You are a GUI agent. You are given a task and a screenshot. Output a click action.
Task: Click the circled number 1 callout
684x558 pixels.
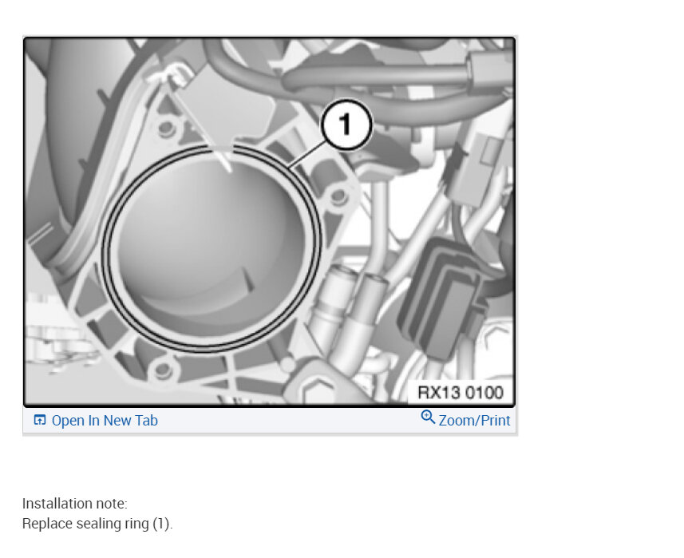click(x=346, y=125)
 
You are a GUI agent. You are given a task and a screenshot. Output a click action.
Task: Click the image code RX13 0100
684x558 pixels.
click(x=461, y=392)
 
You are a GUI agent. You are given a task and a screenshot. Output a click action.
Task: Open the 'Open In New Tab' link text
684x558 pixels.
click(x=105, y=421)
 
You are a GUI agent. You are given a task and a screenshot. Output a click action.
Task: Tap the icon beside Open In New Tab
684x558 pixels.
click(x=40, y=420)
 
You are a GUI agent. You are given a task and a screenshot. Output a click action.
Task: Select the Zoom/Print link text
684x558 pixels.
click(x=474, y=421)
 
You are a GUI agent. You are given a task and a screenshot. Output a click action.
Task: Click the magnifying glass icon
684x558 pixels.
click(x=428, y=417)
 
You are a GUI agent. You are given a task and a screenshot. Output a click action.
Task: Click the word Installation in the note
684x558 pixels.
click(x=57, y=504)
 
